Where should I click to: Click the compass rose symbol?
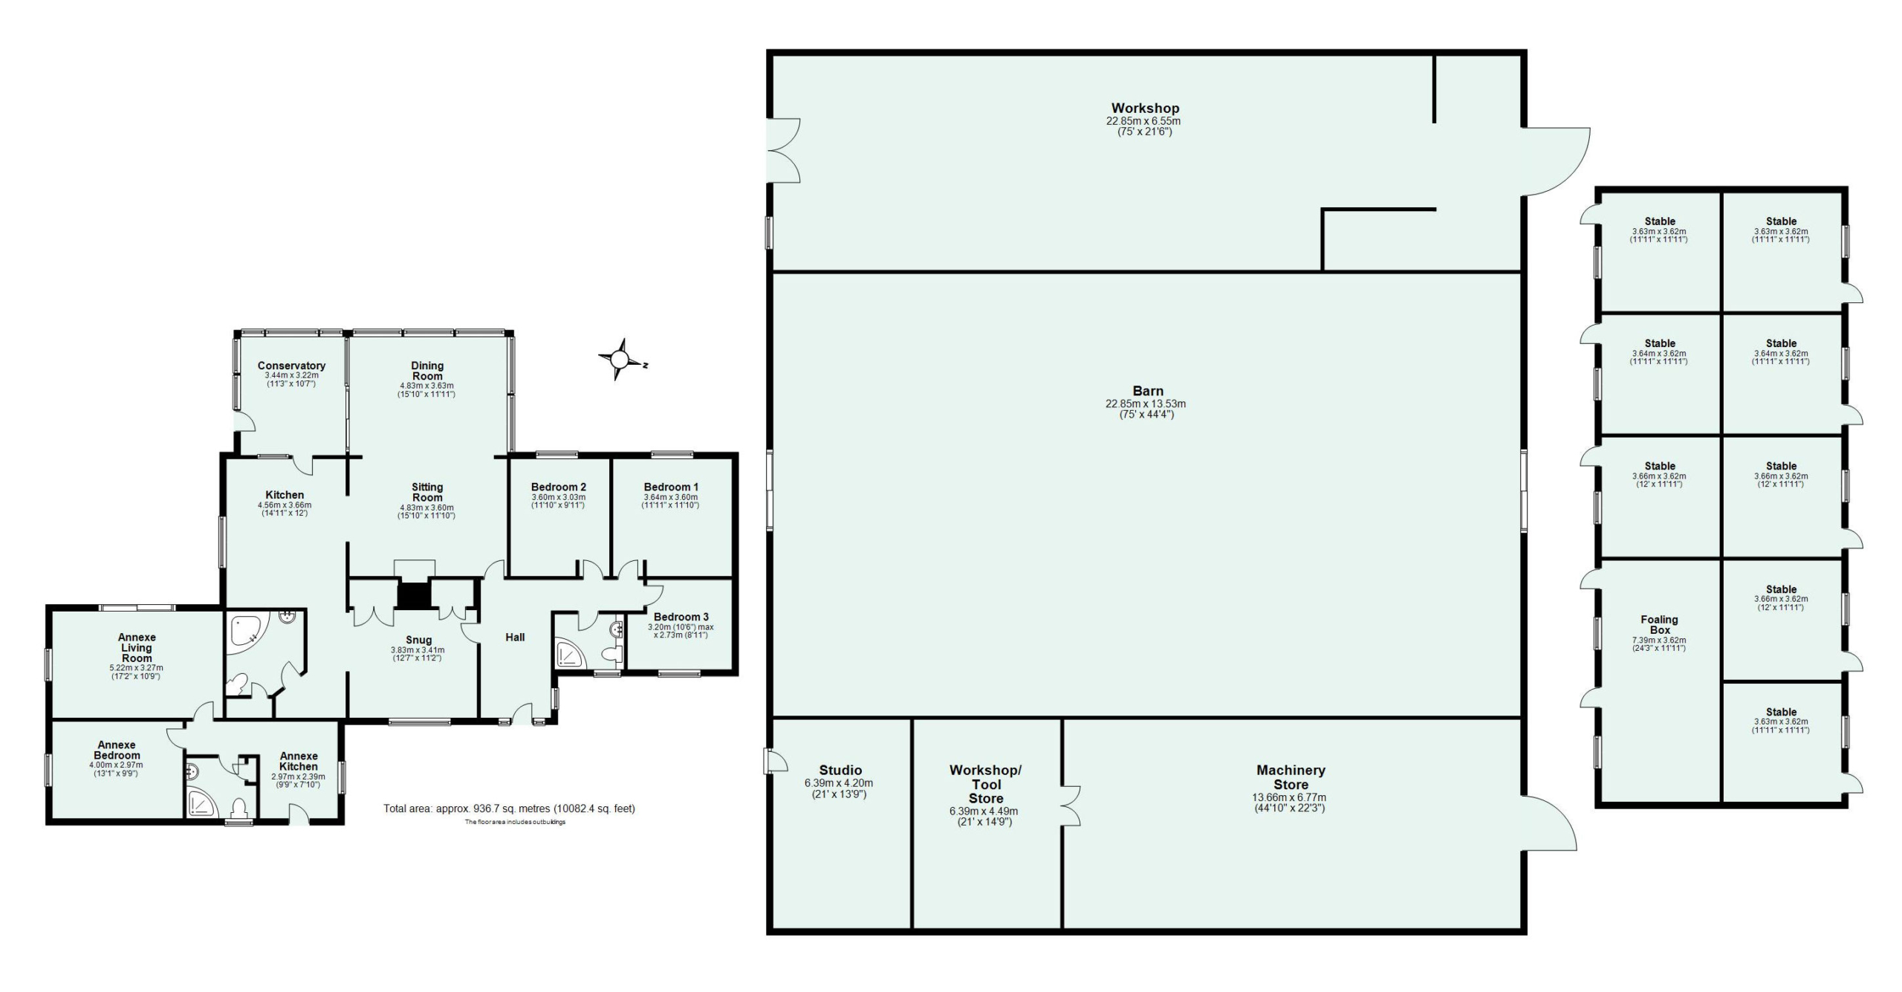tap(620, 360)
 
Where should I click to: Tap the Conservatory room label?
tap(291, 366)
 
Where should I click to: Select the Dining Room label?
tap(427, 370)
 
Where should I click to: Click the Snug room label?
tap(418, 640)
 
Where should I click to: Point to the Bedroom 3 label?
tap(681, 617)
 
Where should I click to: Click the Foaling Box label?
tap(1659, 624)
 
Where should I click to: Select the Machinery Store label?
tap(1291, 777)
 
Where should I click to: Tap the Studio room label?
tap(840, 770)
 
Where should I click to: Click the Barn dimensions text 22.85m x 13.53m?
tap(1146, 404)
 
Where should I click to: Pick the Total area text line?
tap(509, 808)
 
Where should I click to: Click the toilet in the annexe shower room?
tap(239, 807)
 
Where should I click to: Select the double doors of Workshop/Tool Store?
tap(1071, 806)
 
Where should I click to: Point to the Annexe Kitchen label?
tap(299, 761)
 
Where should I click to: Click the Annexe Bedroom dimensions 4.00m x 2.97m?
tap(116, 765)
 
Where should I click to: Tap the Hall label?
tap(515, 637)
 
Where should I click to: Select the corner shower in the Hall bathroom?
tap(571, 653)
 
